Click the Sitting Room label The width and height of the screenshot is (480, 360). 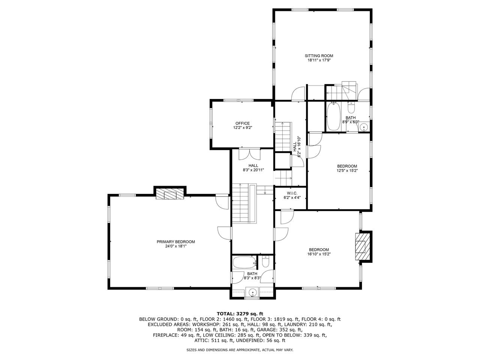(319, 56)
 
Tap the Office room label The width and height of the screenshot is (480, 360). (242, 123)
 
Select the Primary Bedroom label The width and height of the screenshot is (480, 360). (175, 242)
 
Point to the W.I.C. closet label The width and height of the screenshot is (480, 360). (291, 193)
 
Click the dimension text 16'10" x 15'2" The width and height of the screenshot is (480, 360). (319, 254)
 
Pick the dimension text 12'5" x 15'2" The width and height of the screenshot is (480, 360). (347, 170)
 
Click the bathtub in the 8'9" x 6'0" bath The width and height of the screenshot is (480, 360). (333, 117)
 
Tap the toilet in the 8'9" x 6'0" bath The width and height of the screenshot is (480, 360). (351, 108)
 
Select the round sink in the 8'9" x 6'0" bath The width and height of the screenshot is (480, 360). (363, 128)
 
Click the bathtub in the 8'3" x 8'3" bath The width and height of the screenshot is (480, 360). (244, 262)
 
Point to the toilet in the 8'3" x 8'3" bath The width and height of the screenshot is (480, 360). (265, 262)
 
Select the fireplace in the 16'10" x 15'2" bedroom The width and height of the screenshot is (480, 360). (361, 246)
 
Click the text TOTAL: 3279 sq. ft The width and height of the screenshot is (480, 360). (240, 313)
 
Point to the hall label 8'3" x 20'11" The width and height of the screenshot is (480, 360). (253, 170)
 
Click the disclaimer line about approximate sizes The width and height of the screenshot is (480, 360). (240, 349)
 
